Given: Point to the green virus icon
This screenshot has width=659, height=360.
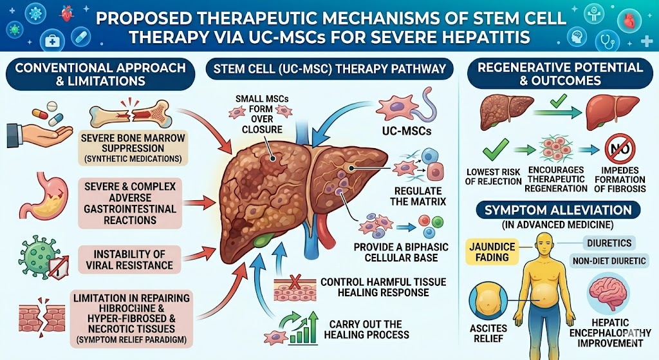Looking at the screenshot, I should [39, 254].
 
